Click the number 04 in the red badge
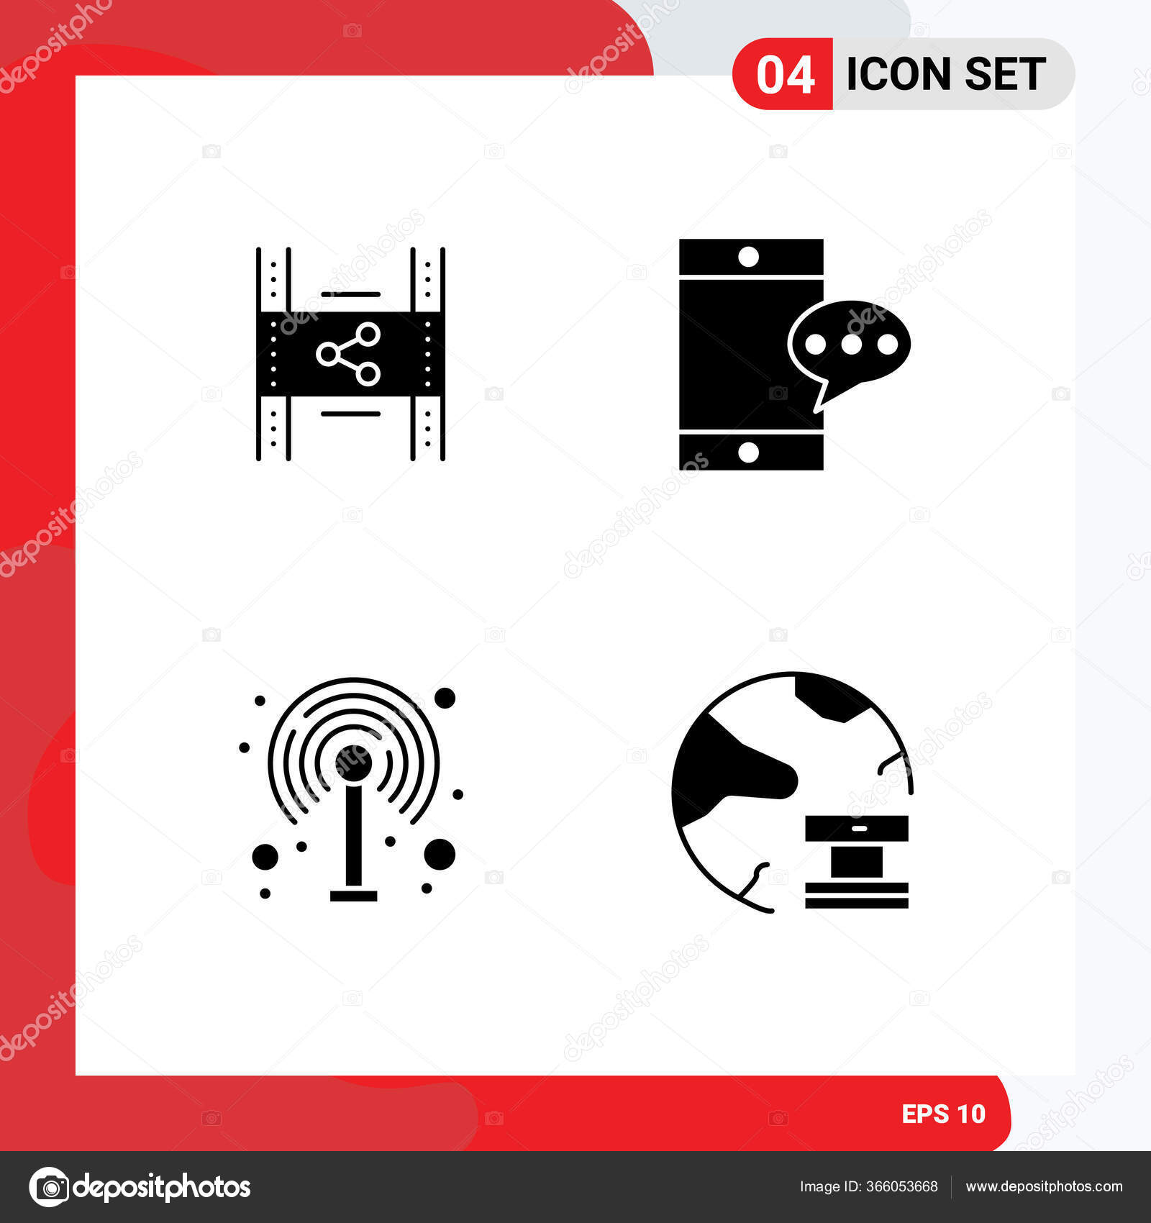(x=785, y=75)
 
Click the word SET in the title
(x=1005, y=74)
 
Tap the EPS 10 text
(x=943, y=1114)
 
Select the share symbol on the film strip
(x=349, y=353)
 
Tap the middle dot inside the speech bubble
(x=851, y=345)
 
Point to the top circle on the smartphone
(x=749, y=257)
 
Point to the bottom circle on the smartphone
(x=749, y=453)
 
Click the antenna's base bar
(x=353, y=896)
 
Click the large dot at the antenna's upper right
(x=445, y=698)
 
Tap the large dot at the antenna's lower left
(x=265, y=856)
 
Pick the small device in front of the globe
(x=857, y=861)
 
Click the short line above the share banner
(x=350, y=294)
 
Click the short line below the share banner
(x=350, y=414)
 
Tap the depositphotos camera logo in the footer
(x=49, y=1187)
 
